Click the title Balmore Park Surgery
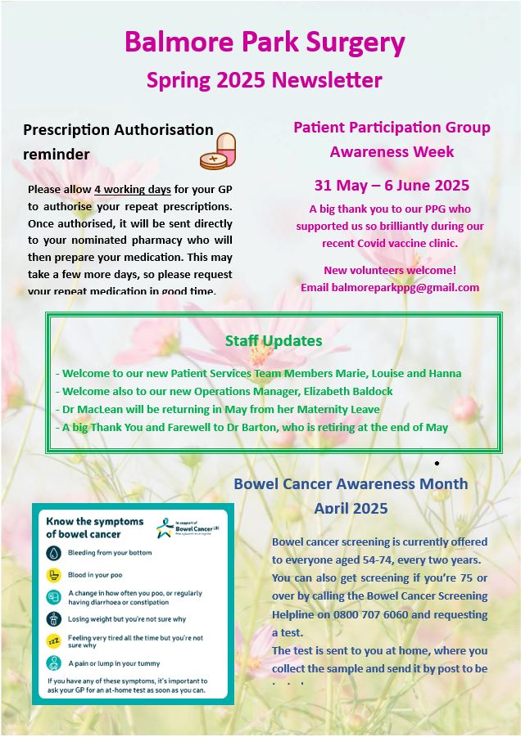[265, 43]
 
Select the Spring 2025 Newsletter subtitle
[264, 80]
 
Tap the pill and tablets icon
[218, 151]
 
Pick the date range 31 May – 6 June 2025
[392, 185]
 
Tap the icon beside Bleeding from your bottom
[53, 553]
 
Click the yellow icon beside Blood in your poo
[53, 575]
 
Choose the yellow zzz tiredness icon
[53, 641]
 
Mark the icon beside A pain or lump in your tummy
[53, 663]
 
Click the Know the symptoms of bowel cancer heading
[94, 528]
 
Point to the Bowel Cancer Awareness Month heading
[351, 483]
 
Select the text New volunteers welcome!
[390, 270]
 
